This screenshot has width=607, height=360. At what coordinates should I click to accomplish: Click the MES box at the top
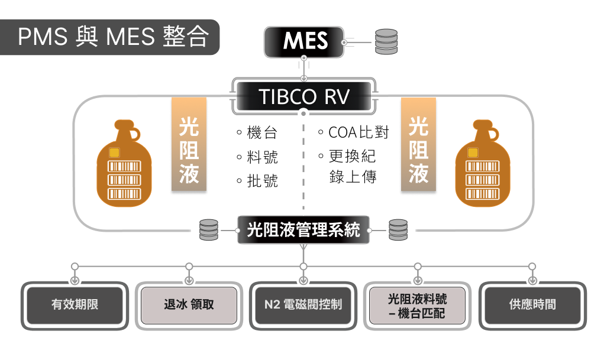(x=304, y=41)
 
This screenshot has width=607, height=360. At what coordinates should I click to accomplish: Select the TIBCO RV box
(x=303, y=96)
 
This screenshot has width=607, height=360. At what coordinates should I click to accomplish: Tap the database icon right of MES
(x=386, y=41)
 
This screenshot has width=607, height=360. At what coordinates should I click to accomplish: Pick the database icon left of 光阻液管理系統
(x=208, y=230)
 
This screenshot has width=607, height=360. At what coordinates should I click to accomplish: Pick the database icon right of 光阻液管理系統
(x=398, y=230)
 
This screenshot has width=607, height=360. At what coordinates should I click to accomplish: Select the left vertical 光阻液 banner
(x=189, y=145)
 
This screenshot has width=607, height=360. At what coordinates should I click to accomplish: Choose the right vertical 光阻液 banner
(x=418, y=145)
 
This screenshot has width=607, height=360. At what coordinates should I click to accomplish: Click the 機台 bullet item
(x=257, y=133)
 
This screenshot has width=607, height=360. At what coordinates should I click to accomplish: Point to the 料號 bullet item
(x=257, y=157)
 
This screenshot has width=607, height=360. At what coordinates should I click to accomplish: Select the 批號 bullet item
(x=257, y=181)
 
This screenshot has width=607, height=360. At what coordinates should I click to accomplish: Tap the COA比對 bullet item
(x=354, y=133)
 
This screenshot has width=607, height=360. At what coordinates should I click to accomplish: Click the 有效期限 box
(x=75, y=305)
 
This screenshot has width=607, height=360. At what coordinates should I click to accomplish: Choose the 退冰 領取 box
(x=189, y=305)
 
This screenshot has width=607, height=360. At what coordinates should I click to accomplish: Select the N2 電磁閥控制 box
(x=303, y=305)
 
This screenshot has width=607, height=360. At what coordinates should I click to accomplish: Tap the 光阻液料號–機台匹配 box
(x=418, y=305)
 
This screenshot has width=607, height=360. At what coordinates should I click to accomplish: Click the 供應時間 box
(x=532, y=305)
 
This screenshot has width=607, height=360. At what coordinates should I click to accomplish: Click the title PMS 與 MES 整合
(x=112, y=37)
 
